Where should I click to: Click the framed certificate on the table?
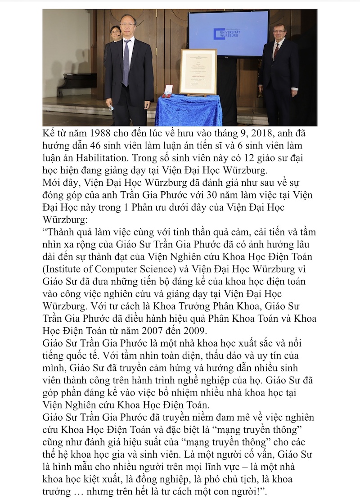[198, 72]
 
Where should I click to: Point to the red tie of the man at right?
[276, 51]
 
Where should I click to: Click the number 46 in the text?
[99, 146]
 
